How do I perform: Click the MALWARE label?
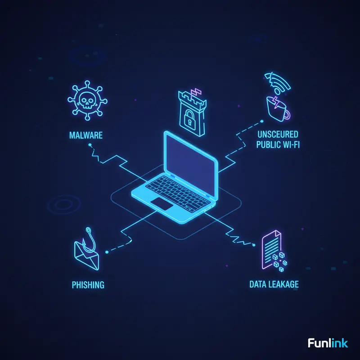pyautogui.click(x=85, y=135)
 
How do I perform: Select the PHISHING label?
pyautogui.click(x=88, y=284)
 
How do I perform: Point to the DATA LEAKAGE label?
pyautogui.click(x=274, y=284)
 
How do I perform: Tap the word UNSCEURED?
pyautogui.click(x=278, y=135)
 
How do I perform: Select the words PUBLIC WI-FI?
pyautogui.click(x=278, y=145)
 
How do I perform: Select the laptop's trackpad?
pyautogui.click(x=162, y=203)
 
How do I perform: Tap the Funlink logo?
pyautogui.click(x=328, y=343)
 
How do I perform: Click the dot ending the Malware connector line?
pyautogui.click(x=90, y=145)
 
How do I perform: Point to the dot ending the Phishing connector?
pyautogui.click(x=106, y=253)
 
